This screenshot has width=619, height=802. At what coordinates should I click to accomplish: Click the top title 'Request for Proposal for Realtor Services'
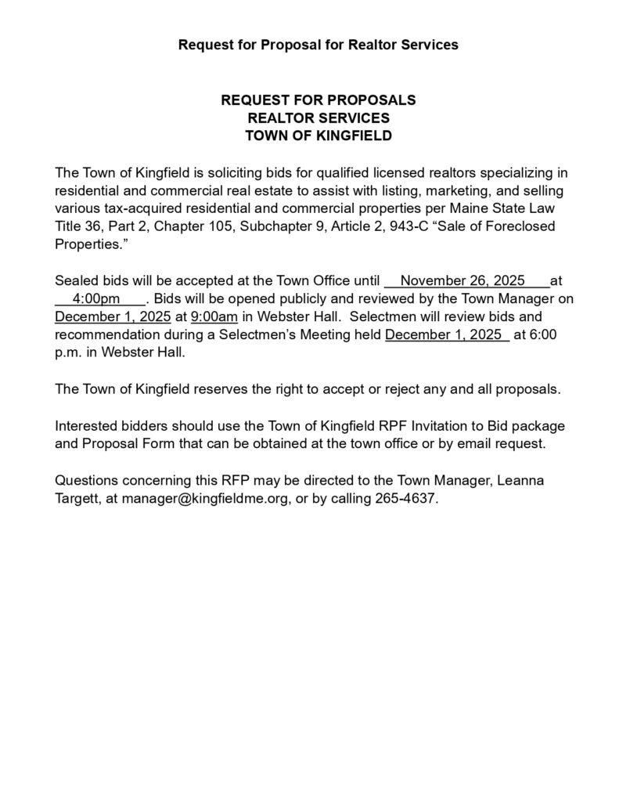(318, 45)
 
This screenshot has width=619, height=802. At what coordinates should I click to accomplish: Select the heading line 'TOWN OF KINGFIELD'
(318, 135)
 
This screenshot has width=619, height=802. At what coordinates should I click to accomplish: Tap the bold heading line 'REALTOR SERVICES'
(318, 118)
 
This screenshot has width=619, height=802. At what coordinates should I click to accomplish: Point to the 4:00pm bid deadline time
(95, 298)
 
